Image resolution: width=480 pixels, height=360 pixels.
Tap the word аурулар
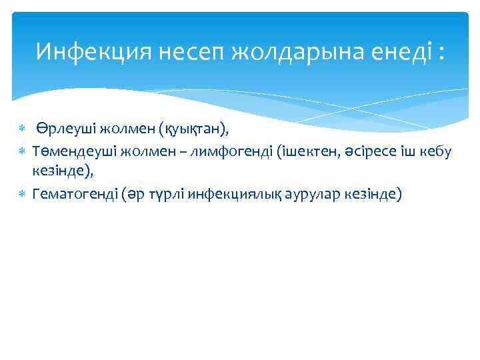coord(313,194)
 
